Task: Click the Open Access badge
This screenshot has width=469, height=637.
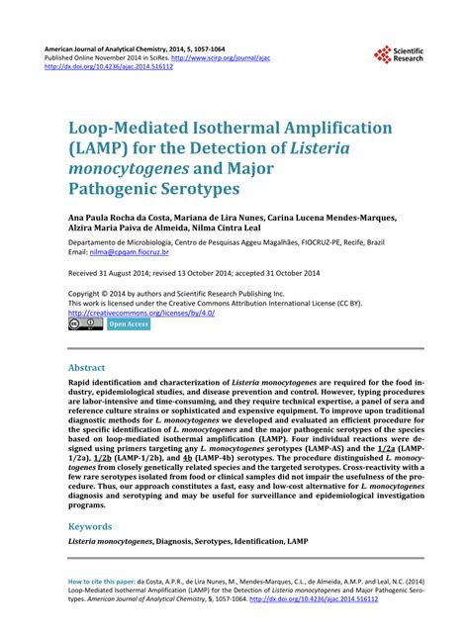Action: coord(130,323)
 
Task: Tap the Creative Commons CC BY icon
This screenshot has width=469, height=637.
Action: coord(84,323)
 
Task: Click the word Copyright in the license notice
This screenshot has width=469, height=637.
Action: coord(87,294)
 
